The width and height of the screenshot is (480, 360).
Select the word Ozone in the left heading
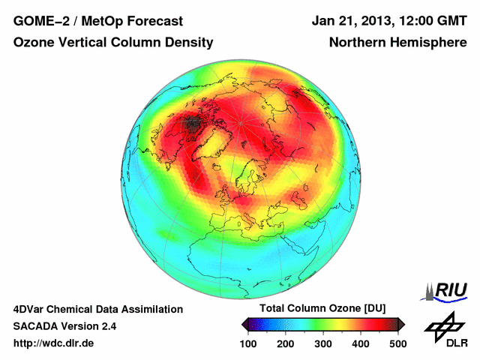pos(34,43)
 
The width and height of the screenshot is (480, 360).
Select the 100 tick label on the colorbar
pos(249,343)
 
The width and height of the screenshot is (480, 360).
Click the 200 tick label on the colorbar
pos(286,343)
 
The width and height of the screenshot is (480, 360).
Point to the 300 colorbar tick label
pos(323,343)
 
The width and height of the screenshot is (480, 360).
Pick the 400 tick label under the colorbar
pos(360,343)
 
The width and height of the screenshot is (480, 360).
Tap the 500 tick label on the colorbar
pos(397,343)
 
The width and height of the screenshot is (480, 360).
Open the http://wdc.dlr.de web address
pos(54,343)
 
